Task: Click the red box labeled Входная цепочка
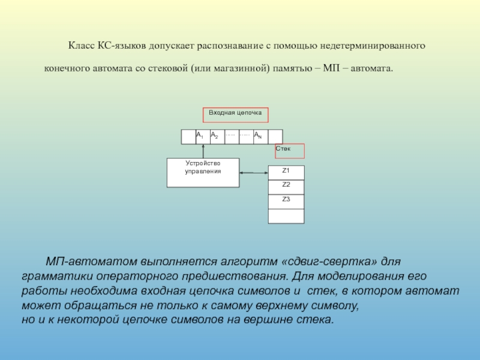pyautogui.click(x=235, y=115)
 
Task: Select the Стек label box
pyautogui.click(x=290, y=151)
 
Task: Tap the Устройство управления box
pyautogui.click(x=203, y=172)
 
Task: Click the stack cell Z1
pyautogui.click(x=286, y=172)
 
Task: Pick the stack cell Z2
pyautogui.click(x=286, y=187)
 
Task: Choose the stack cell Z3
pyautogui.click(x=286, y=201)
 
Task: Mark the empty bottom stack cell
pyautogui.click(x=286, y=216)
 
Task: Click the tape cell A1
pyautogui.click(x=202, y=137)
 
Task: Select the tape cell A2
pyautogui.click(x=217, y=137)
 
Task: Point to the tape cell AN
pyautogui.click(x=260, y=137)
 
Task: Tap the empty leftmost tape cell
pyautogui.click(x=188, y=137)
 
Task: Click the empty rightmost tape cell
pyautogui.click(x=275, y=137)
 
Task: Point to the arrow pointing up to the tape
pyautogui.click(x=203, y=151)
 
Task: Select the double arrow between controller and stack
pyautogui.click(x=253, y=173)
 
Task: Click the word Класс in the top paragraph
pyautogui.click(x=79, y=46)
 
